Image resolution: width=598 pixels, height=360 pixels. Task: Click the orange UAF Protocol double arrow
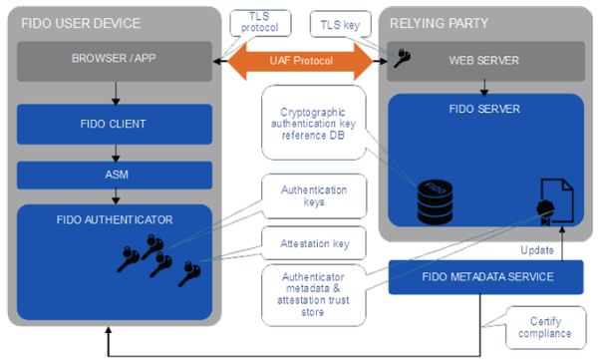point(300,62)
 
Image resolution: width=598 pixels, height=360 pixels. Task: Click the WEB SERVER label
point(483,61)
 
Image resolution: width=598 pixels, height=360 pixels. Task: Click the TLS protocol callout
point(259,22)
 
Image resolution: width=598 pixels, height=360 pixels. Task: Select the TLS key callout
point(341,22)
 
